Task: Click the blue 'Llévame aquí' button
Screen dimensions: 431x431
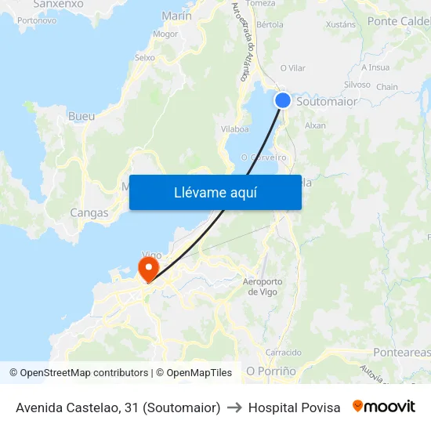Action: pos(215,193)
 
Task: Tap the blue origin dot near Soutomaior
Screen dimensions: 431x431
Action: pos(283,100)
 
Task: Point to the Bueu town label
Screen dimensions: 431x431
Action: pos(81,117)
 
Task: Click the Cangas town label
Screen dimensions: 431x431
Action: pos(89,212)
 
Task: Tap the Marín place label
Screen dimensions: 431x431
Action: pos(176,16)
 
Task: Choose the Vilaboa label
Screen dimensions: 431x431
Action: pos(235,129)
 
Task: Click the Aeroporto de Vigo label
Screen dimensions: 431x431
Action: pos(263,287)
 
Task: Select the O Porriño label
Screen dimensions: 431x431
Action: pos(271,371)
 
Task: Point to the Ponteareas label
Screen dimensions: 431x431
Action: pos(401,353)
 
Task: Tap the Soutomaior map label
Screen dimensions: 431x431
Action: pos(327,102)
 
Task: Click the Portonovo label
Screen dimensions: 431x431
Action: pos(36,20)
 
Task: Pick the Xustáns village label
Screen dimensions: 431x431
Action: pos(340,24)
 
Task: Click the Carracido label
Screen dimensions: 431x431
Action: pos(284,353)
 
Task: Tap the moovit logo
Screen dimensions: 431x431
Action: pos(384,407)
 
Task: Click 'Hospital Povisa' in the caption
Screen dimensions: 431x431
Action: pos(295,407)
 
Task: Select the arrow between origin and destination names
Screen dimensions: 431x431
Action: pos(234,407)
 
